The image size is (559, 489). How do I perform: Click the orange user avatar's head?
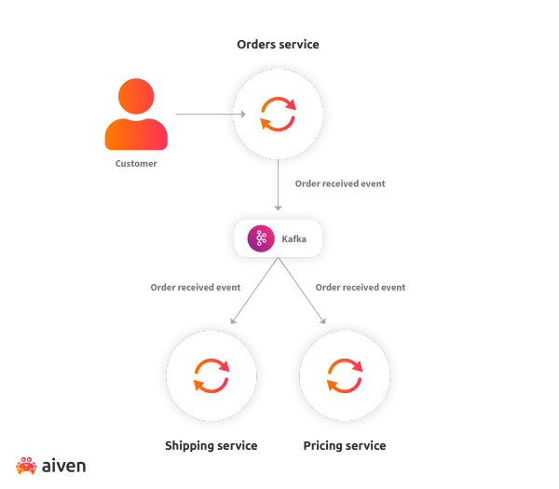pyautogui.click(x=136, y=95)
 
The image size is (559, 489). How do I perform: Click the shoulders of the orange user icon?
pyautogui.click(x=136, y=135)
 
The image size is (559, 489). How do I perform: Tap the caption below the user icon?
pyautogui.click(x=136, y=163)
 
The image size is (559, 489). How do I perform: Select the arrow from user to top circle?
pyautogui.click(x=207, y=115)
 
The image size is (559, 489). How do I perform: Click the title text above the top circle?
pyautogui.click(x=278, y=45)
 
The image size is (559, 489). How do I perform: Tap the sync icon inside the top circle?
pyautogui.click(x=278, y=115)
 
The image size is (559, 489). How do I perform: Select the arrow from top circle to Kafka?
pyautogui.click(x=279, y=186)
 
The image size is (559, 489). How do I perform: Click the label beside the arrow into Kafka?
pyautogui.click(x=340, y=183)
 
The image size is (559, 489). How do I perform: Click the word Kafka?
pyautogui.click(x=294, y=239)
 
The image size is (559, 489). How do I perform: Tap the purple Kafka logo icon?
pyautogui.click(x=261, y=238)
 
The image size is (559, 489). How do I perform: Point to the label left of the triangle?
pyautogui.click(x=196, y=288)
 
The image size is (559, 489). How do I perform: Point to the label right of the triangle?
pyautogui.click(x=361, y=288)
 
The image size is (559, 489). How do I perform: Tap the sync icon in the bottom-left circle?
pyautogui.click(x=211, y=375)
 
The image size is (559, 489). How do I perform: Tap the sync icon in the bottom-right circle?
pyautogui.click(x=345, y=375)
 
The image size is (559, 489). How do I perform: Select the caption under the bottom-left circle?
pyautogui.click(x=211, y=446)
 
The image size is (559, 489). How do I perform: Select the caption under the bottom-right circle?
pyautogui.click(x=345, y=446)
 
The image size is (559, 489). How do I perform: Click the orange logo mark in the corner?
pyautogui.click(x=26, y=465)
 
